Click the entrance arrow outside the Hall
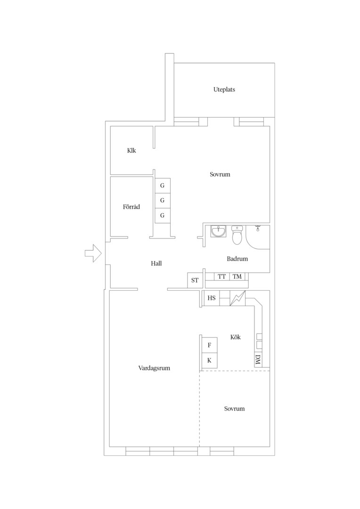(x=93, y=253)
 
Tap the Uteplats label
(x=224, y=90)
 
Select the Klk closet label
(x=131, y=151)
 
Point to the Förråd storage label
(x=131, y=207)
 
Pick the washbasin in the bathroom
(x=218, y=231)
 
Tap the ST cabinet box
(x=195, y=280)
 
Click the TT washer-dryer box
(x=222, y=277)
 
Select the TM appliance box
(x=237, y=277)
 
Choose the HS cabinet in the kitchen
(x=211, y=298)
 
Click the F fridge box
(x=209, y=345)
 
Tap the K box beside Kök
(x=209, y=361)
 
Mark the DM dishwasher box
(x=258, y=360)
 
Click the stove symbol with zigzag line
(x=237, y=298)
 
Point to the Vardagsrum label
(x=154, y=368)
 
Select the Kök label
(x=235, y=337)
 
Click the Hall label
(x=156, y=263)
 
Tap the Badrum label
(x=237, y=259)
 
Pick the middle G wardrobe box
(x=162, y=201)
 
